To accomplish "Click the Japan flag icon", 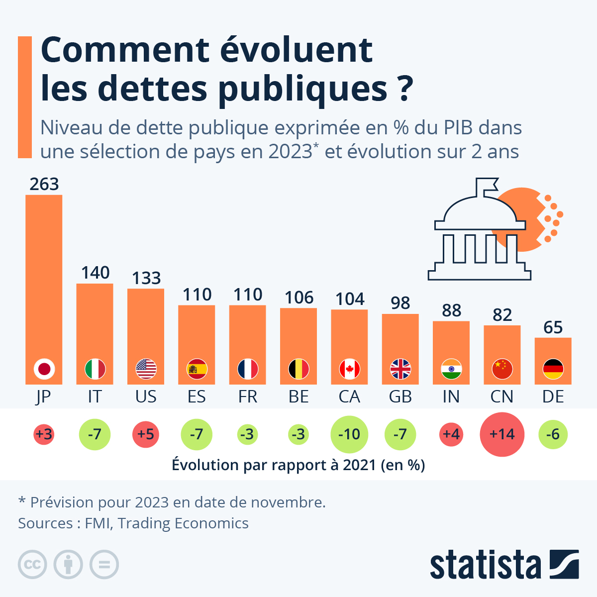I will click(44, 369).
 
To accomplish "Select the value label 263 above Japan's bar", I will click(44, 184).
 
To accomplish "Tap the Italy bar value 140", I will click(95, 273).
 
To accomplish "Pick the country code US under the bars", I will click(146, 397).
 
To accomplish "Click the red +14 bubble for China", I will click(502, 434).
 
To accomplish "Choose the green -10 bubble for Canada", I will click(349, 434).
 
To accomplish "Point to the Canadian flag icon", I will click(349, 369).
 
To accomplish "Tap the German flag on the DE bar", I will click(553, 369).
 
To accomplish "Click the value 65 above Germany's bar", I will click(553, 327).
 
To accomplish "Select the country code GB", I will click(400, 397).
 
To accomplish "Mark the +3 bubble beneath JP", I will click(44, 434).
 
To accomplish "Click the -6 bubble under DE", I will click(553, 434).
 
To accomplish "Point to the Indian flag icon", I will click(451, 369).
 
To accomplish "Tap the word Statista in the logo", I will click(485, 565).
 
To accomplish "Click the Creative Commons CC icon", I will click(32, 565).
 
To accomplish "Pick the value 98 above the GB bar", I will click(400, 303).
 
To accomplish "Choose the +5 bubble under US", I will click(146, 434).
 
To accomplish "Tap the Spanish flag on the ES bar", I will click(197, 369).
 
